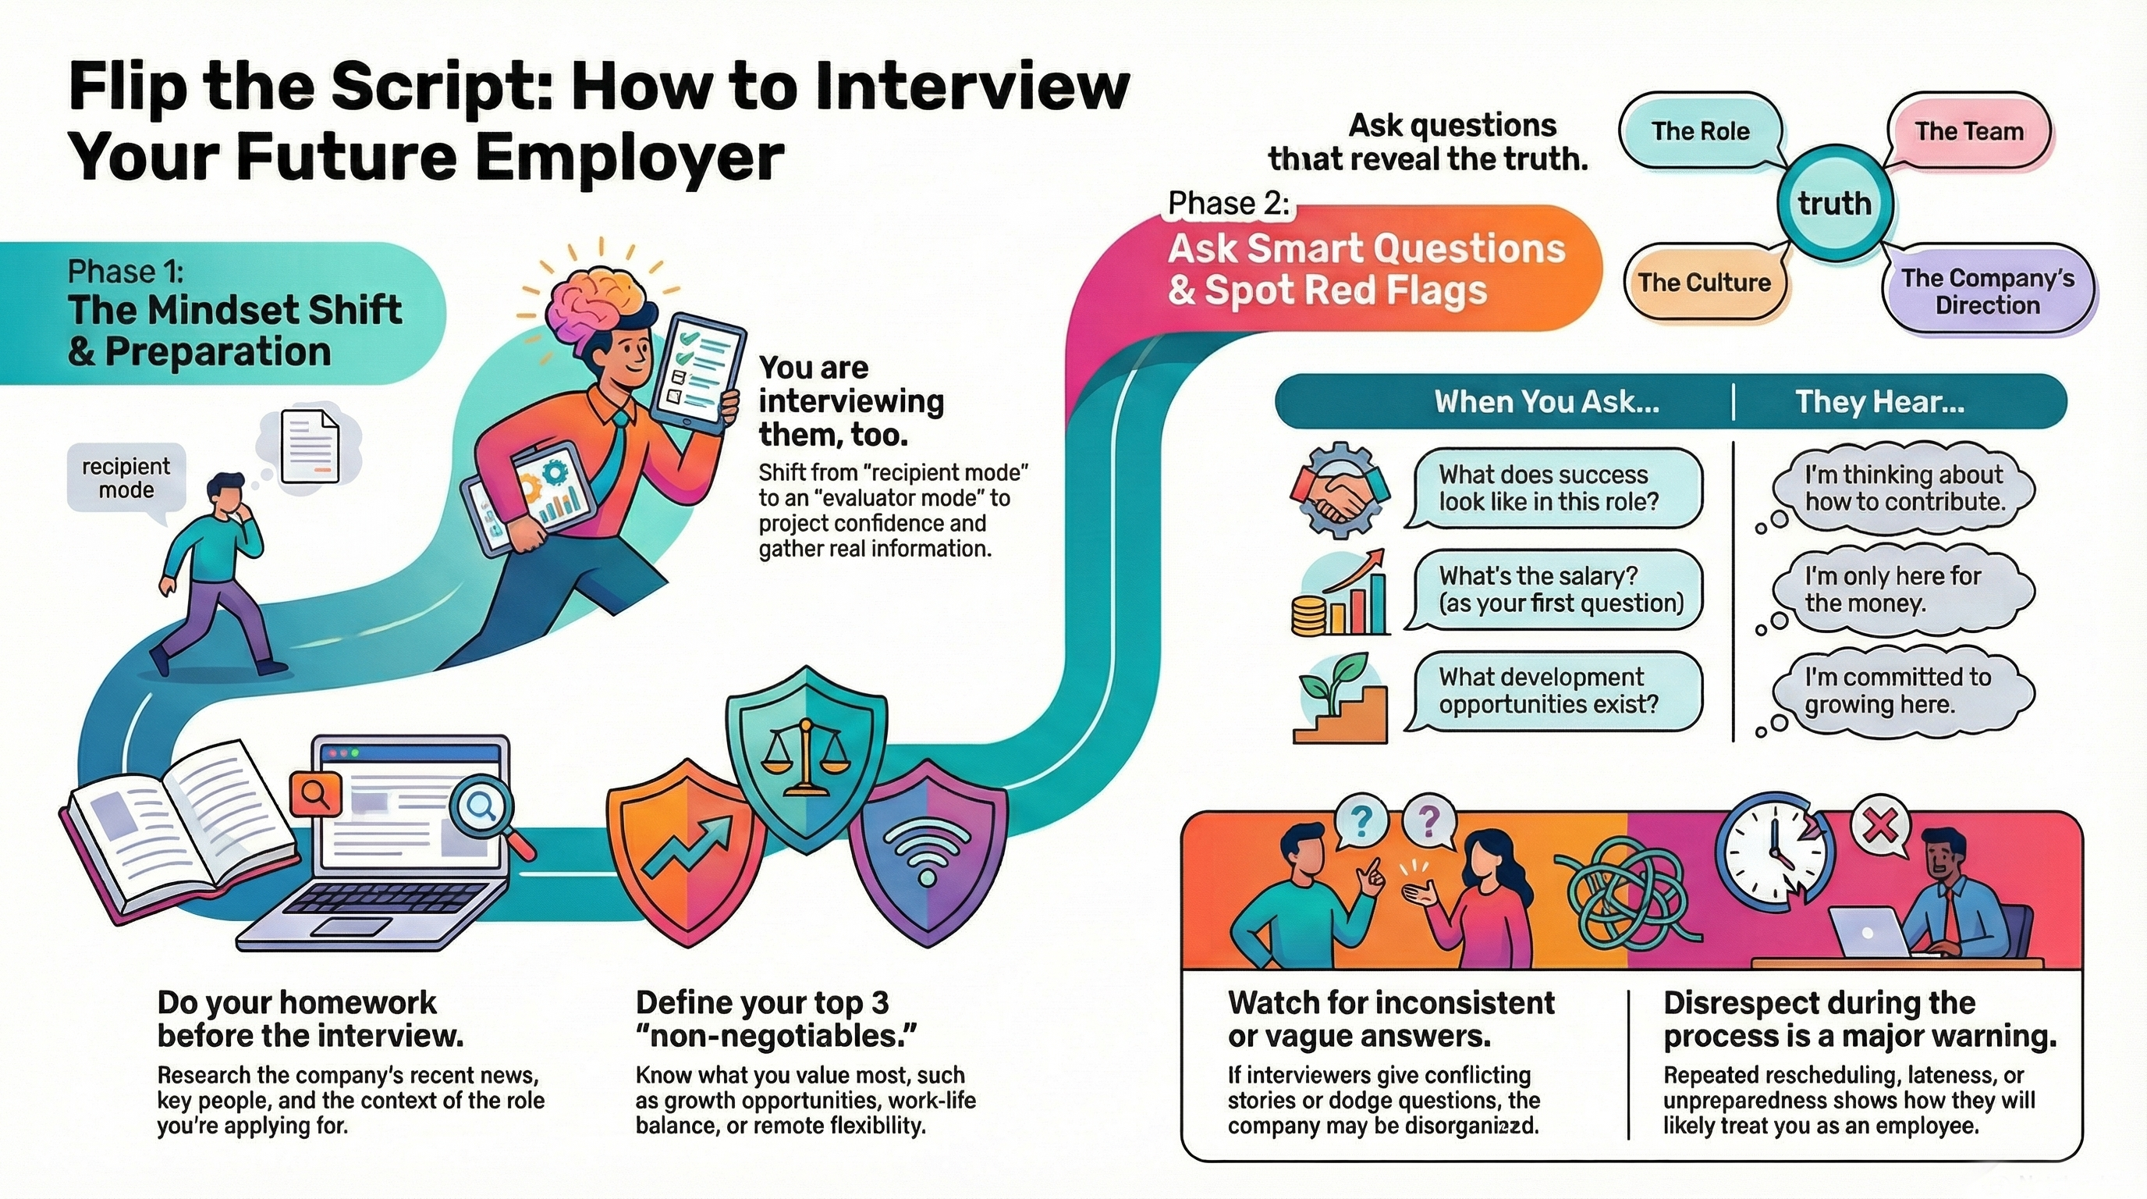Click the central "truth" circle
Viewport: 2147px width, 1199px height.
[x=1834, y=203]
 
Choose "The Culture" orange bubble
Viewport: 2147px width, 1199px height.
[x=1704, y=283]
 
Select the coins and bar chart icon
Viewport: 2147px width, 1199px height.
[x=1339, y=594]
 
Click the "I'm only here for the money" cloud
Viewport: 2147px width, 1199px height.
[x=1900, y=590]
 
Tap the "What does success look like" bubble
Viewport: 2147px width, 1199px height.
[x=1552, y=489]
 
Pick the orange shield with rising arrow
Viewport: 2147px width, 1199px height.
[x=688, y=852]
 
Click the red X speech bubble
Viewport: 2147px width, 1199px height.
[x=1881, y=828]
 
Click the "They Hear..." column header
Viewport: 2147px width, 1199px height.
[x=1879, y=403]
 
